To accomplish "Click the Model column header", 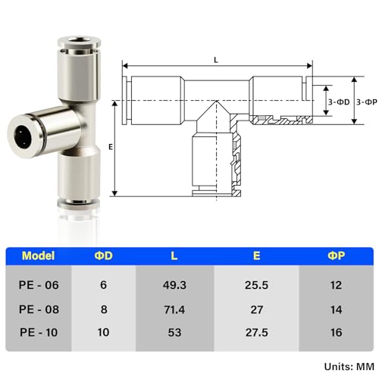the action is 39,255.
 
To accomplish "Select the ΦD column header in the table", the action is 104,255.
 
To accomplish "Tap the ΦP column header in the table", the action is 336,255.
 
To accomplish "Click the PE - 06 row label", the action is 39,285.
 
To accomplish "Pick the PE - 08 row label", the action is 39,309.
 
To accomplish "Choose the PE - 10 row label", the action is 39,332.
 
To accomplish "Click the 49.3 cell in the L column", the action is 174,285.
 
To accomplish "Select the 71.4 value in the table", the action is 174,309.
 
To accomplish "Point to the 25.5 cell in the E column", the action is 256,285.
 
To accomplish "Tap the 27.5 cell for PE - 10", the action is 257,333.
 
